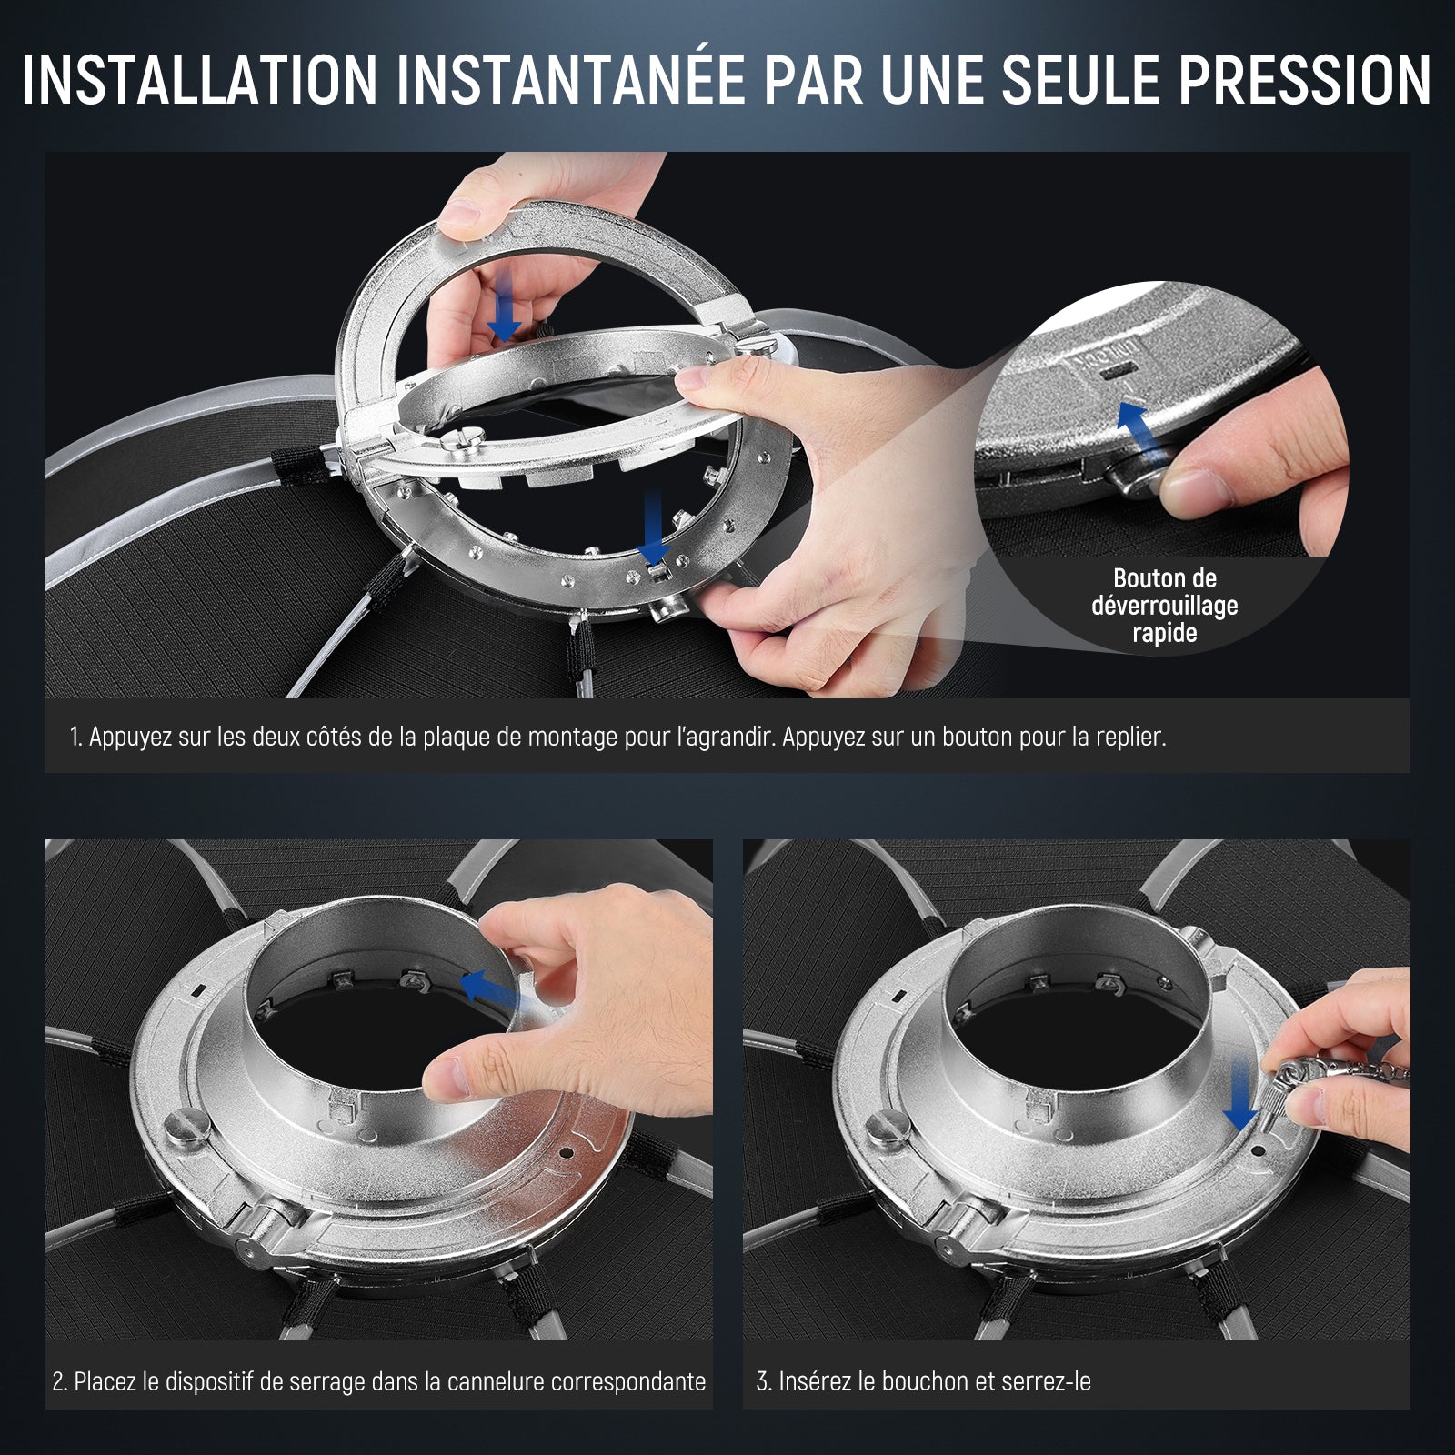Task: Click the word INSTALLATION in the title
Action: [x=199, y=81]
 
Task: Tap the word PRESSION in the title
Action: [x=1305, y=81]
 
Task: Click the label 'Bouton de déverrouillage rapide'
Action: [x=1165, y=606]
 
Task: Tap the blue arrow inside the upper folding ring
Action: [x=504, y=307]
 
